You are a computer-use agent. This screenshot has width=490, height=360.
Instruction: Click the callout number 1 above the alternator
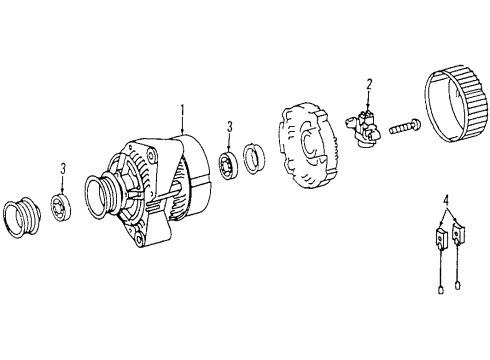(182, 111)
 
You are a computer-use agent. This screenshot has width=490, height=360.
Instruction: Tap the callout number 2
(369, 85)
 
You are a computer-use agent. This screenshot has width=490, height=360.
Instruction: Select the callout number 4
(446, 201)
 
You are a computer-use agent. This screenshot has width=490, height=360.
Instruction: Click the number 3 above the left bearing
(63, 169)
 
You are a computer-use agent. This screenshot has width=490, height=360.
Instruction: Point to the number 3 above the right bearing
(230, 127)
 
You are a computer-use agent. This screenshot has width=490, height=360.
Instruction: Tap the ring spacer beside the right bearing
(254, 159)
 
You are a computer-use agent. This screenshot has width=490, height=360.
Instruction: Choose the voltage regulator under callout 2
(364, 129)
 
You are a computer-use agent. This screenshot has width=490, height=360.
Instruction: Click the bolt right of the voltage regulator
(405, 126)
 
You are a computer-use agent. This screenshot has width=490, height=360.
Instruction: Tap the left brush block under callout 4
(441, 238)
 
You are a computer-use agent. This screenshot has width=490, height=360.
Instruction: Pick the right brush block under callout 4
(458, 233)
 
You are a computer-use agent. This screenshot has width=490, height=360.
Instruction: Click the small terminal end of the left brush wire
(441, 289)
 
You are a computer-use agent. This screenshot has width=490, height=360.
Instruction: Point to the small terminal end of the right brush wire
(458, 285)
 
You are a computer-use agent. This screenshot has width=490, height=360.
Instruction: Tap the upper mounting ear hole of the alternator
(152, 157)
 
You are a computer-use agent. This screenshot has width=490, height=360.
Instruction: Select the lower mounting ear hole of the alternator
(139, 238)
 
